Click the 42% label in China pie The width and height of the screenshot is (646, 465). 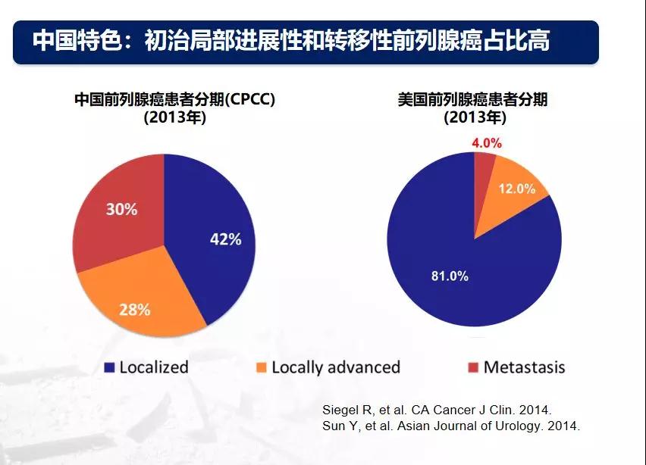(225, 239)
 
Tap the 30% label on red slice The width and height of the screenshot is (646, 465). (121, 209)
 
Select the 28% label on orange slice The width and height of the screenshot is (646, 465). (135, 309)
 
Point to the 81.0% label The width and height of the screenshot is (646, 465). (450, 276)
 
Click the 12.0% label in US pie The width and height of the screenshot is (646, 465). (517, 189)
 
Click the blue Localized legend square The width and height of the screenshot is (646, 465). (110, 368)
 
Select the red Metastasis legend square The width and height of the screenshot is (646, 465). (473, 368)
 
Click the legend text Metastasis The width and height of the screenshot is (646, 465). (524, 367)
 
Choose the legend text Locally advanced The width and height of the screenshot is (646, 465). (335, 367)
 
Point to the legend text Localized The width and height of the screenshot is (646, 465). (153, 367)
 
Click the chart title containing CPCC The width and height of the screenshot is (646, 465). (174, 99)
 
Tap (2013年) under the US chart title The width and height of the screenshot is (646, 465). (475, 117)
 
